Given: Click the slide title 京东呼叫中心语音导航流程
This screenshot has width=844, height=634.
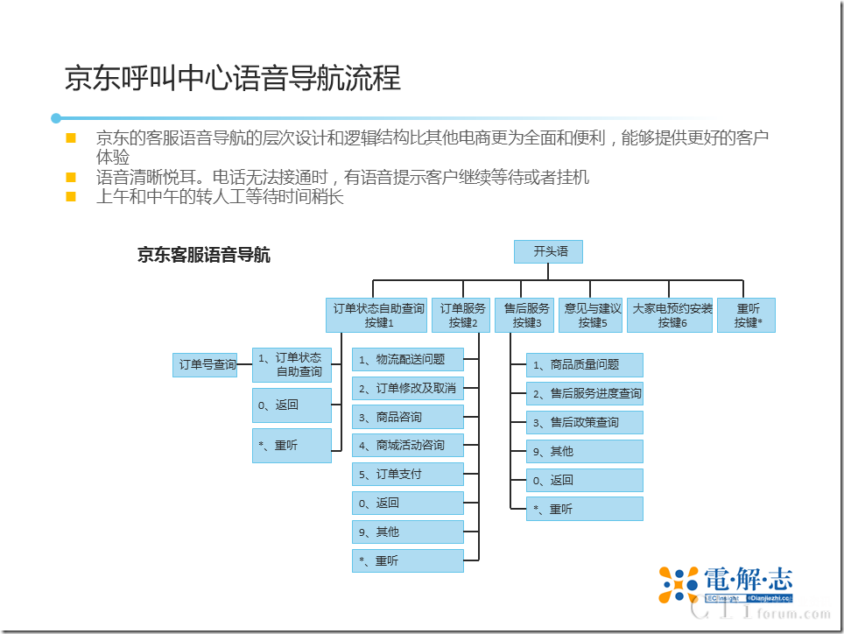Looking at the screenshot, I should point(233,79).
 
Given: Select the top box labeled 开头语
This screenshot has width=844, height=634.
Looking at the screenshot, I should point(547,252).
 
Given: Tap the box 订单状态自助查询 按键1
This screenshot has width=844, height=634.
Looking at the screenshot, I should point(378,315).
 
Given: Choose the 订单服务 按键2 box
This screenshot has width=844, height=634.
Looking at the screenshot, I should point(461,315).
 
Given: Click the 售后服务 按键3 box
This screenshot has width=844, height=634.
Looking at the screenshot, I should point(525,315).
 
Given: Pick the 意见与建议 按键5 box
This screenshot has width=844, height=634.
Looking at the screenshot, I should point(591,315).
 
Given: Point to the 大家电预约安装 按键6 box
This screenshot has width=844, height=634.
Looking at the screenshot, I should point(671,315).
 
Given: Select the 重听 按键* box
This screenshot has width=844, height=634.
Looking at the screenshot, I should point(747,315).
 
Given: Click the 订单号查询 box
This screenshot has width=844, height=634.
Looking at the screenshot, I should point(207,364).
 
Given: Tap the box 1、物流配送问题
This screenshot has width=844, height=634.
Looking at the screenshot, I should point(408,359).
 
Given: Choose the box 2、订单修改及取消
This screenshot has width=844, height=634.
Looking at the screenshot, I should point(408,388).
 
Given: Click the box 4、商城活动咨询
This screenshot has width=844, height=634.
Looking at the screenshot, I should point(408,446).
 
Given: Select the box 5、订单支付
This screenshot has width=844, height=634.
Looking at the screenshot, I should point(408,475).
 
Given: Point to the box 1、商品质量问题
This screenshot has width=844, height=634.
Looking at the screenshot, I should point(585,365).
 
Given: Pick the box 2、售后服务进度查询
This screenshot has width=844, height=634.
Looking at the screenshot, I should point(585,394).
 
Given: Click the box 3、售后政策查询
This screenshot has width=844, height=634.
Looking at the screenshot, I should point(585,423).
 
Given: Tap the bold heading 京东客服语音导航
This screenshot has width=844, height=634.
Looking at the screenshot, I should point(204,256).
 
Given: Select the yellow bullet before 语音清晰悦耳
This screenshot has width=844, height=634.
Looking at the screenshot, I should point(71,178).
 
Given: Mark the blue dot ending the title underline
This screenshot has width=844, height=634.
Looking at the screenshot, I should point(56,118).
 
